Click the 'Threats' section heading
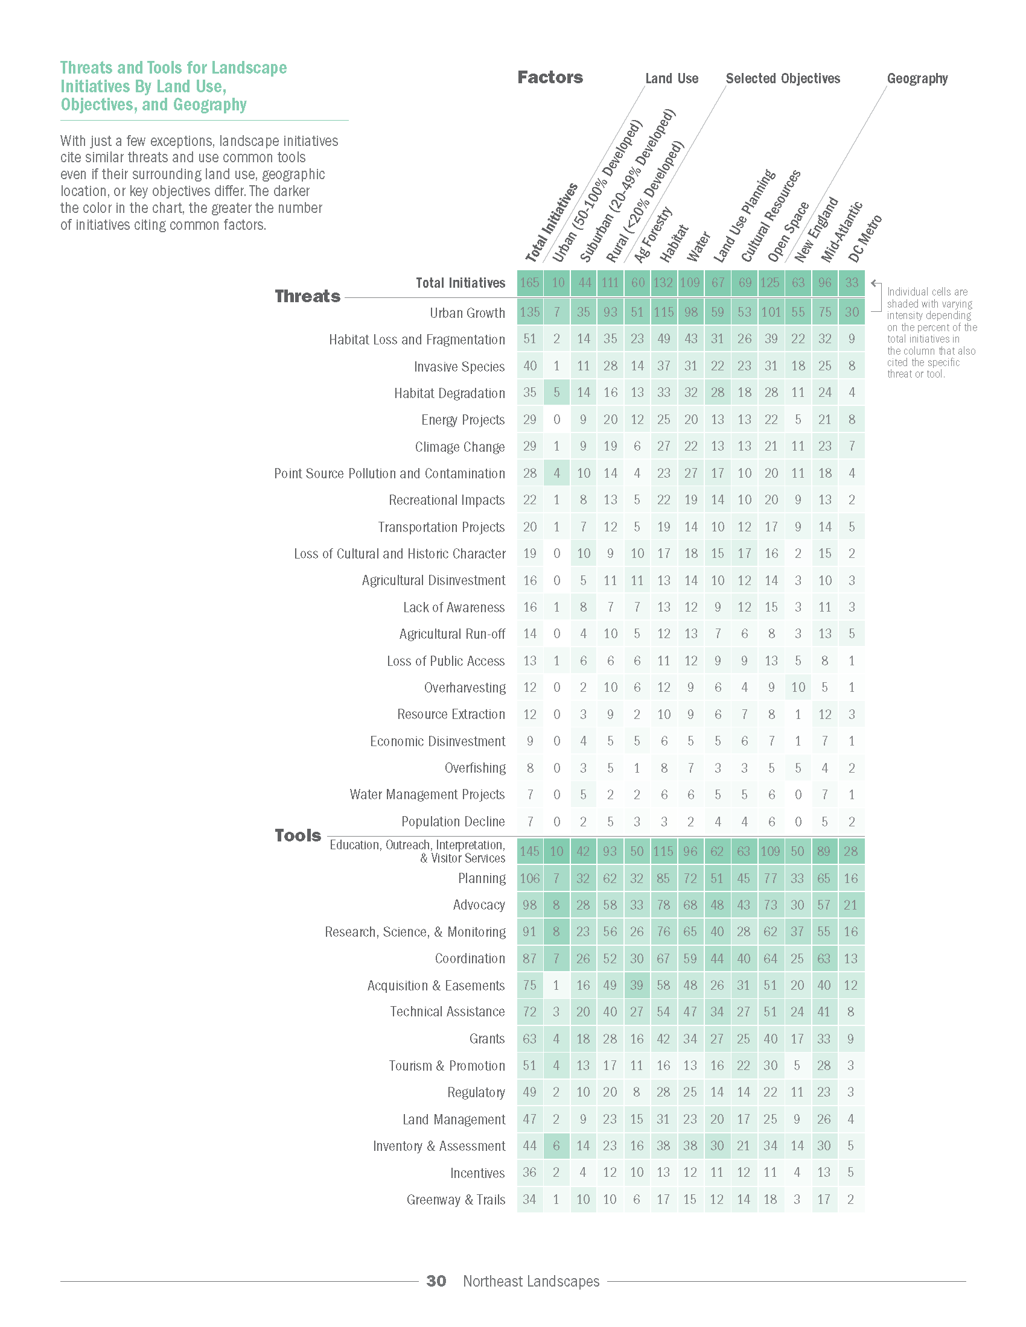pos(307,296)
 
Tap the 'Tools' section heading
pos(298,835)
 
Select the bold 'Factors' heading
pos(550,77)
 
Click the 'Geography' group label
pos(917,78)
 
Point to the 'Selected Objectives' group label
pos(783,78)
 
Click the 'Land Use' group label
pos(672,78)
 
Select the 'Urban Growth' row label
pos(467,313)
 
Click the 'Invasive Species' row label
pos(459,366)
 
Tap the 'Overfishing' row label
pos(476,768)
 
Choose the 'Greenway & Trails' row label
pos(456,1199)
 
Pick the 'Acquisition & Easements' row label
pos(436,985)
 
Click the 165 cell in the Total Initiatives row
pos(530,282)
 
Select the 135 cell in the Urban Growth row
pos(530,312)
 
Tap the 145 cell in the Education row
pos(529,851)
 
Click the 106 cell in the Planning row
pos(529,878)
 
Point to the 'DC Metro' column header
pos(864,238)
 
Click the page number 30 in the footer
pos(436,1281)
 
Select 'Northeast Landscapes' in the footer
pos(531,1281)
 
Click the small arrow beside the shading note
pos(875,283)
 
